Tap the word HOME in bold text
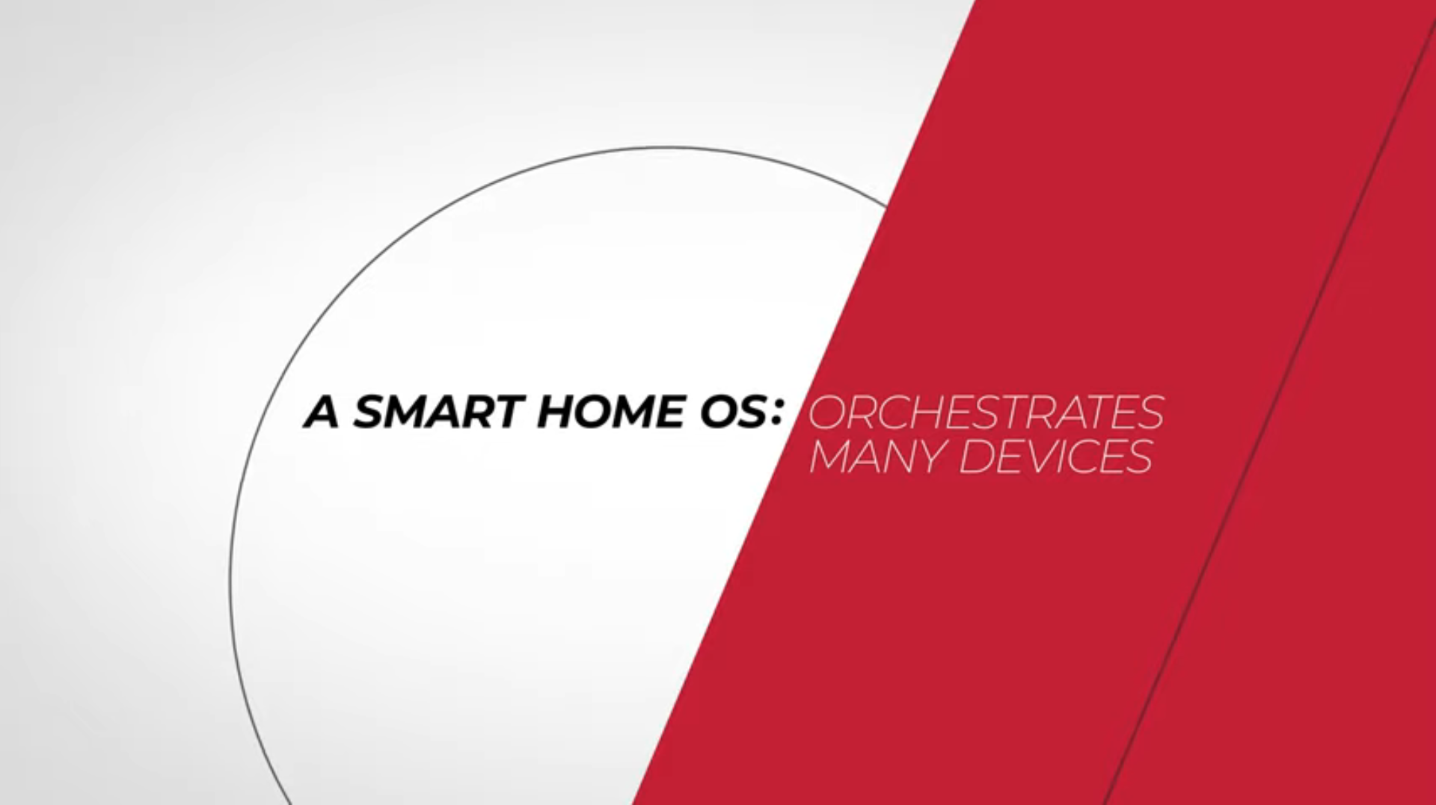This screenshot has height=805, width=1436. coord(609,412)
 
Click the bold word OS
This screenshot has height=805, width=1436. coord(727,412)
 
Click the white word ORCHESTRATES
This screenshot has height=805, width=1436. coord(987,412)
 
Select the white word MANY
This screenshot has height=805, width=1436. coord(877,456)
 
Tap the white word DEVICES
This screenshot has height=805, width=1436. coord(1056,456)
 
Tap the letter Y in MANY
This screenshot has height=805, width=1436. coord(929,456)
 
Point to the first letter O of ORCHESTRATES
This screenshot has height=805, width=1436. coord(828,412)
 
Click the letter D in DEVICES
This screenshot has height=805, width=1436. coord(977,456)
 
